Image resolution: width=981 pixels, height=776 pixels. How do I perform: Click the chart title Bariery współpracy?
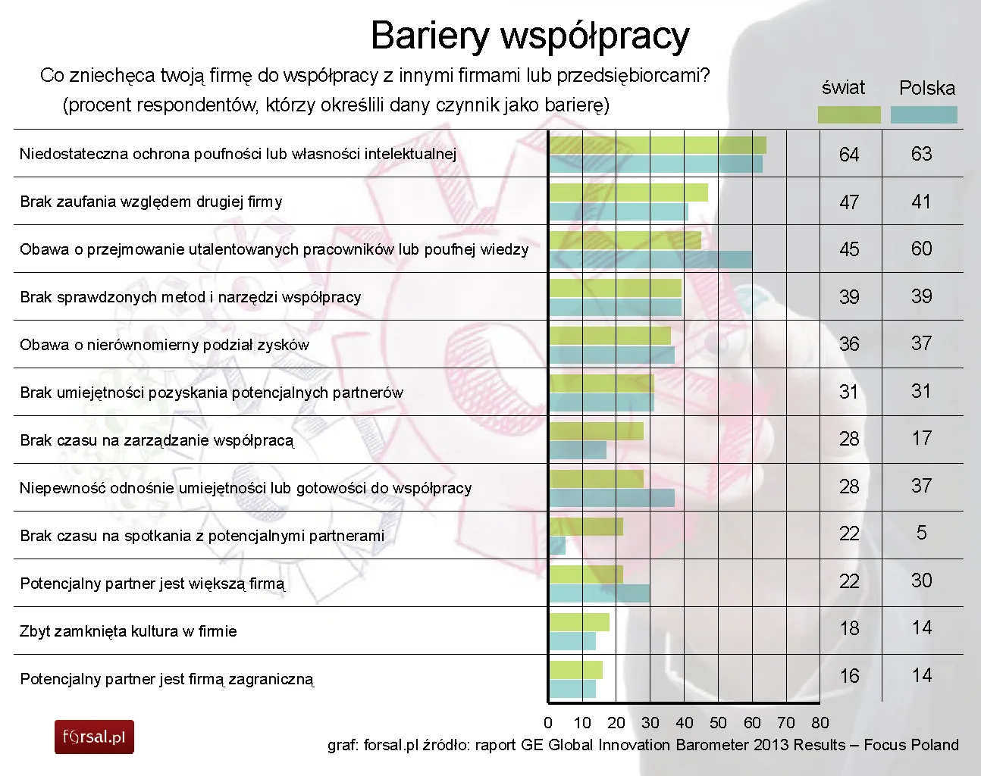[530, 36]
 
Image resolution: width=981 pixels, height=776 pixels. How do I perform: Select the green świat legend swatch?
[849, 114]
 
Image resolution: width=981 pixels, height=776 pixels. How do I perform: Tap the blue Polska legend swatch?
[923, 114]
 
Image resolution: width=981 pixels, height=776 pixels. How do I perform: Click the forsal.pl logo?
[94, 737]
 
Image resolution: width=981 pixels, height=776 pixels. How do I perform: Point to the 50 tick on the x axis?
[718, 723]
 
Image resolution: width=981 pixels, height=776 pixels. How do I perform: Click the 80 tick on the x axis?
[820, 723]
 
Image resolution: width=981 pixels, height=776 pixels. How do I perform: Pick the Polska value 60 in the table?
[921, 249]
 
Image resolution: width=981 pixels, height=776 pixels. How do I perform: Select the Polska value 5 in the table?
[921, 533]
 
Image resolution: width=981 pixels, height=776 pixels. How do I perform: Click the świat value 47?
[849, 202]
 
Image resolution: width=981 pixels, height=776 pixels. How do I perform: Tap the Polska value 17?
[921, 438]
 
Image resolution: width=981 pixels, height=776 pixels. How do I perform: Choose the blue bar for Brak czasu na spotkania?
[557, 546]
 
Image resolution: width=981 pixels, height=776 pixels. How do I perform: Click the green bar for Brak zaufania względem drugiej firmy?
[628, 192]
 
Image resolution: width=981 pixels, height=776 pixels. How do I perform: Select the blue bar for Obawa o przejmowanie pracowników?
[650, 260]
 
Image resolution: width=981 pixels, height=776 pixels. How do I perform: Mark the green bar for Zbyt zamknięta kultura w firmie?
[579, 622]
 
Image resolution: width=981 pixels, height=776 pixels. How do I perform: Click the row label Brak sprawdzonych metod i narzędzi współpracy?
[190, 297]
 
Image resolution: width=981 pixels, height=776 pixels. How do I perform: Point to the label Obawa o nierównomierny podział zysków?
[165, 345]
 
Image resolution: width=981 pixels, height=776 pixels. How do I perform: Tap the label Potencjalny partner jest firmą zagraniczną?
[167, 679]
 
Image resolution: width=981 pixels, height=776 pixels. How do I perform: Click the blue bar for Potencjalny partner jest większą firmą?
[600, 593]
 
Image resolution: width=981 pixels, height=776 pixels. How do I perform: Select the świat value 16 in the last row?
[849, 676]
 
